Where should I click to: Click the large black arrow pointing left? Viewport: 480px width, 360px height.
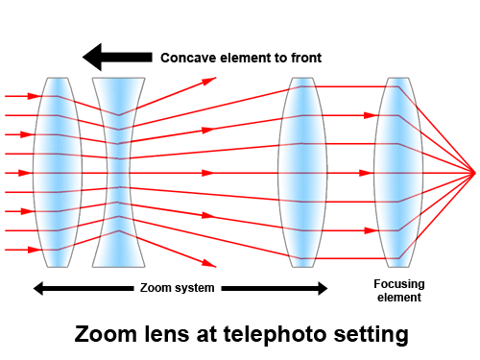(x=117, y=57)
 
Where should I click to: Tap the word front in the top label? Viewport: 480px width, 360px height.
(x=306, y=58)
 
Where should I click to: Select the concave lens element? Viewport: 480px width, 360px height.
(x=119, y=173)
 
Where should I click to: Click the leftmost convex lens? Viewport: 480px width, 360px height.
(x=58, y=173)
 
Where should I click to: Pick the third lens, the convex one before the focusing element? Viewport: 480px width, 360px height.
(x=302, y=173)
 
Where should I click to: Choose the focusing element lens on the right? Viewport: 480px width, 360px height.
(x=398, y=173)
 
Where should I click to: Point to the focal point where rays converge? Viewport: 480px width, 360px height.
(x=475, y=173)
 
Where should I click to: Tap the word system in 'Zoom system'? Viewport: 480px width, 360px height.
(x=194, y=289)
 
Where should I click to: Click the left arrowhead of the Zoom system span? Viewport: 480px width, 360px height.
(x=38, y=288)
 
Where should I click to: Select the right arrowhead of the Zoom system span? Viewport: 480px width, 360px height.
(x=323, y=288)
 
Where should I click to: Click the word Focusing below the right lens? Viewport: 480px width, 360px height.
(x=399, y=284)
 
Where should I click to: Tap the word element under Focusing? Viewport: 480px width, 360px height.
(x=399, y=298)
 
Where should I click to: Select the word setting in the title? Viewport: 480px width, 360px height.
(x=372, y=335)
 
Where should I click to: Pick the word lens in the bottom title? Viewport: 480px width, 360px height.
(x=167, y=334)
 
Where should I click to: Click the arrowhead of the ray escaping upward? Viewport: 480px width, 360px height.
(x=209, y=80)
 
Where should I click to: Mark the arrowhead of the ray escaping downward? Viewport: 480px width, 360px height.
(x=209, y=264)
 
